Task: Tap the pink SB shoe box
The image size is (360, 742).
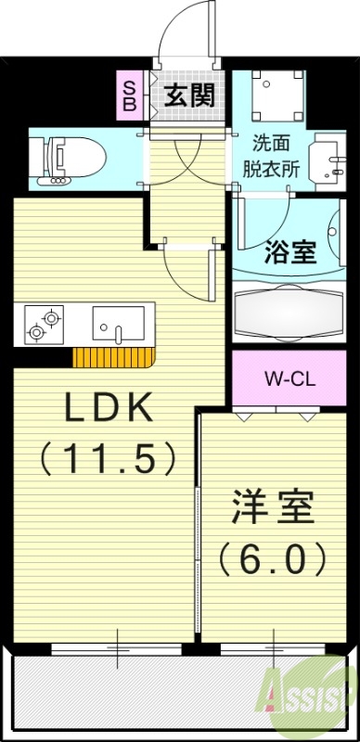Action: tap(130, 96)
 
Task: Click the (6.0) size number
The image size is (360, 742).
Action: tap(273, 559)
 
